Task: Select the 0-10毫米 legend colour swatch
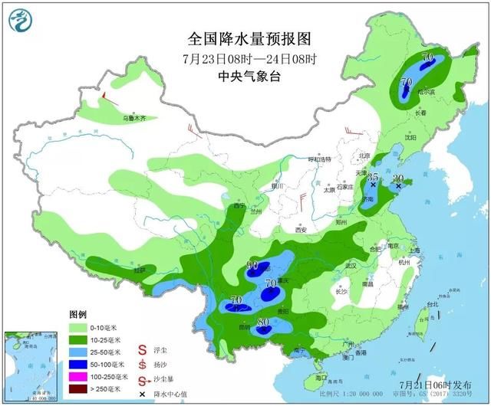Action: point(77,328)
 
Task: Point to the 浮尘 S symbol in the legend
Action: point(142,349)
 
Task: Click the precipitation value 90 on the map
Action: point(252,266)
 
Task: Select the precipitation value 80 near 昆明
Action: point(262,323)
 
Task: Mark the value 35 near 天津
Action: point(373,177)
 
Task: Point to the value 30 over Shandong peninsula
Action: point(397,178)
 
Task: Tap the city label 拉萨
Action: point(139,270)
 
